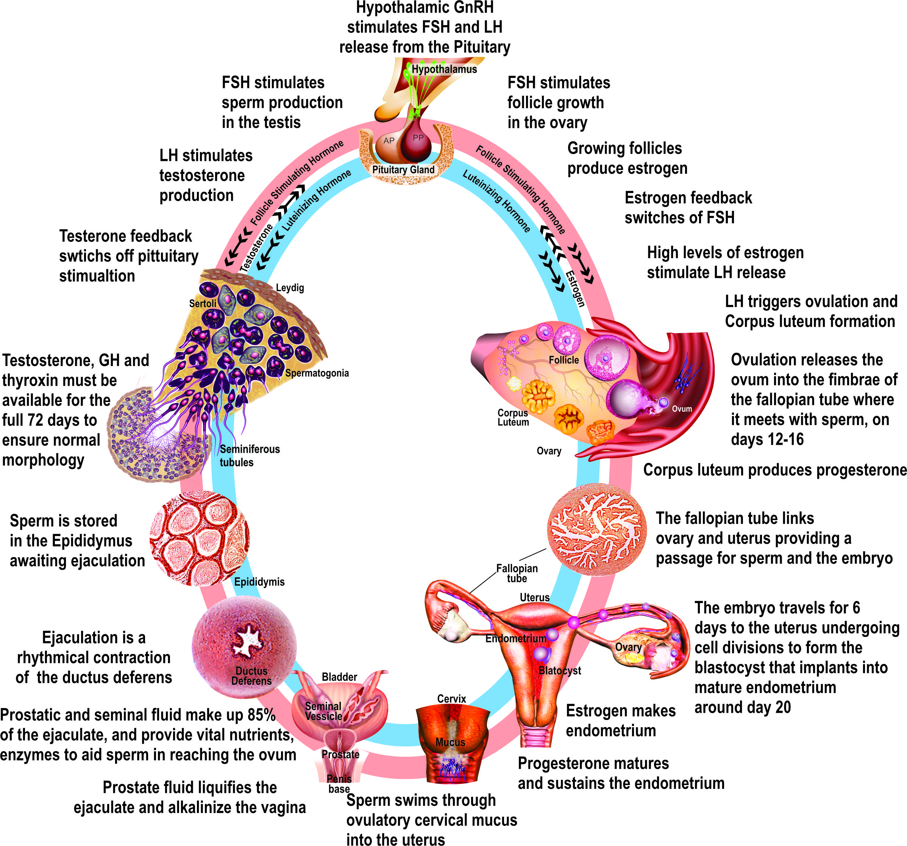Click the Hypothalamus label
[444, 69]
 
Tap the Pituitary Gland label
[403, 170]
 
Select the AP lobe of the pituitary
[389, 141]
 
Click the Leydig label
[290, 288]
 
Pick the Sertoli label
[203, 304]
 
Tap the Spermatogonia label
[317, 373]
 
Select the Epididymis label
[259, 582]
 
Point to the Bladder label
[339, 677]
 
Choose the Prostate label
[340, 755]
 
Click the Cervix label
[451, 699]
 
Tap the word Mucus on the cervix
[450, 742]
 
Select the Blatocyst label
[560, 670]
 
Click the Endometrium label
[515, 639]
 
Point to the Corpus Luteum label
[513, 417]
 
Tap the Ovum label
[682, 409]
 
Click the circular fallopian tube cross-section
[597, 529]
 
